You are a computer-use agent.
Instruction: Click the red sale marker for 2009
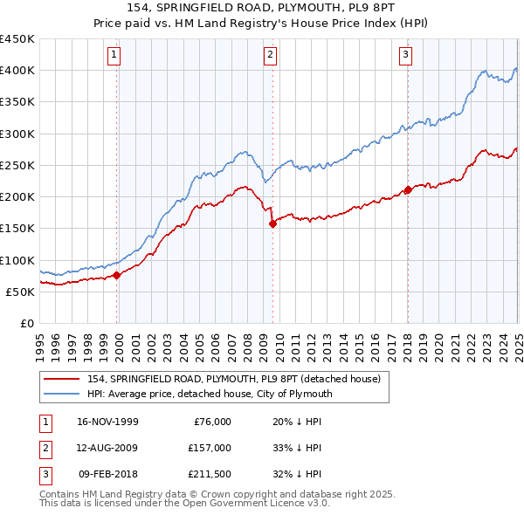pos(272,223)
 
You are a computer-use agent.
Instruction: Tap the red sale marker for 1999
pos(117,275)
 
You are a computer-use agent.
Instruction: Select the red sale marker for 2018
pos(408,189)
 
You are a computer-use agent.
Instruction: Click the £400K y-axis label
pos(17,71)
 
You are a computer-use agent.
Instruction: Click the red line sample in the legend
pos(61,380)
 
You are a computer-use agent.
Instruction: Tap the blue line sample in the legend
pos(61,394)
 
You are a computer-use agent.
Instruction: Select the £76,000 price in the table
pos(211,422)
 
